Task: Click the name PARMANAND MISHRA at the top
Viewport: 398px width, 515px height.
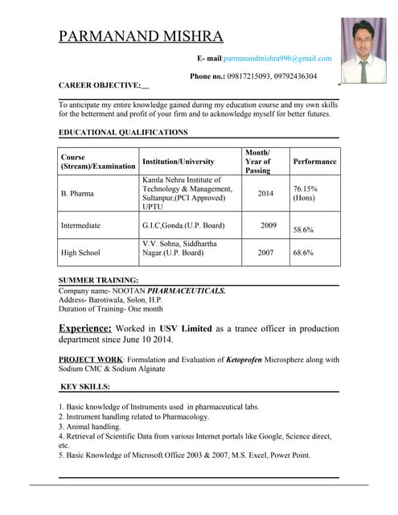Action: pyautogui.click(x=141, y=36)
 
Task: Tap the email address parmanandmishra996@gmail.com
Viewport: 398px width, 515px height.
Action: pyautogui.click(x=277, y=59)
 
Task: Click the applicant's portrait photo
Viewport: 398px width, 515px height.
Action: pyautogui.click(x=363, y=51)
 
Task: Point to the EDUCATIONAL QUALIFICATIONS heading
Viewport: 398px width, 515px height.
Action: pyautogui.click(x=123, y=132)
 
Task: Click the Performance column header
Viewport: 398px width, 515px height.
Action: pyautogui.click(x=314, y=162)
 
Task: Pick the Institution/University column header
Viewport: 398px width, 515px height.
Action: pyautogui.click(x=178, y=162)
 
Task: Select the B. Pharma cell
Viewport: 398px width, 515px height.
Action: pyautogui.click(x=77, y=194)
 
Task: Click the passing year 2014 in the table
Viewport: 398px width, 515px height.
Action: pyautogui.click(x=265, y=193)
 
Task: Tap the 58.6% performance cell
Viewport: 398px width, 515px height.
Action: pyautogui.click(x=303, y=229)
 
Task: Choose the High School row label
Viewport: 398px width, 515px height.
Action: pyautogui.click(x=80, y=253)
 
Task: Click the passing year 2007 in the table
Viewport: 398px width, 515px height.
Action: pyautogui.click(x=265, y=252)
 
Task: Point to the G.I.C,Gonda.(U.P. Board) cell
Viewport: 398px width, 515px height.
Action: pyautogui.click(x=183, y=225)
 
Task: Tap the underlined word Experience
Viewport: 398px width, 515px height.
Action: pyautogui.click(x=84, y=328)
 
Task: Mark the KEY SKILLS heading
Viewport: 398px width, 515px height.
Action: pyautogui.click(x=85, y=387)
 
